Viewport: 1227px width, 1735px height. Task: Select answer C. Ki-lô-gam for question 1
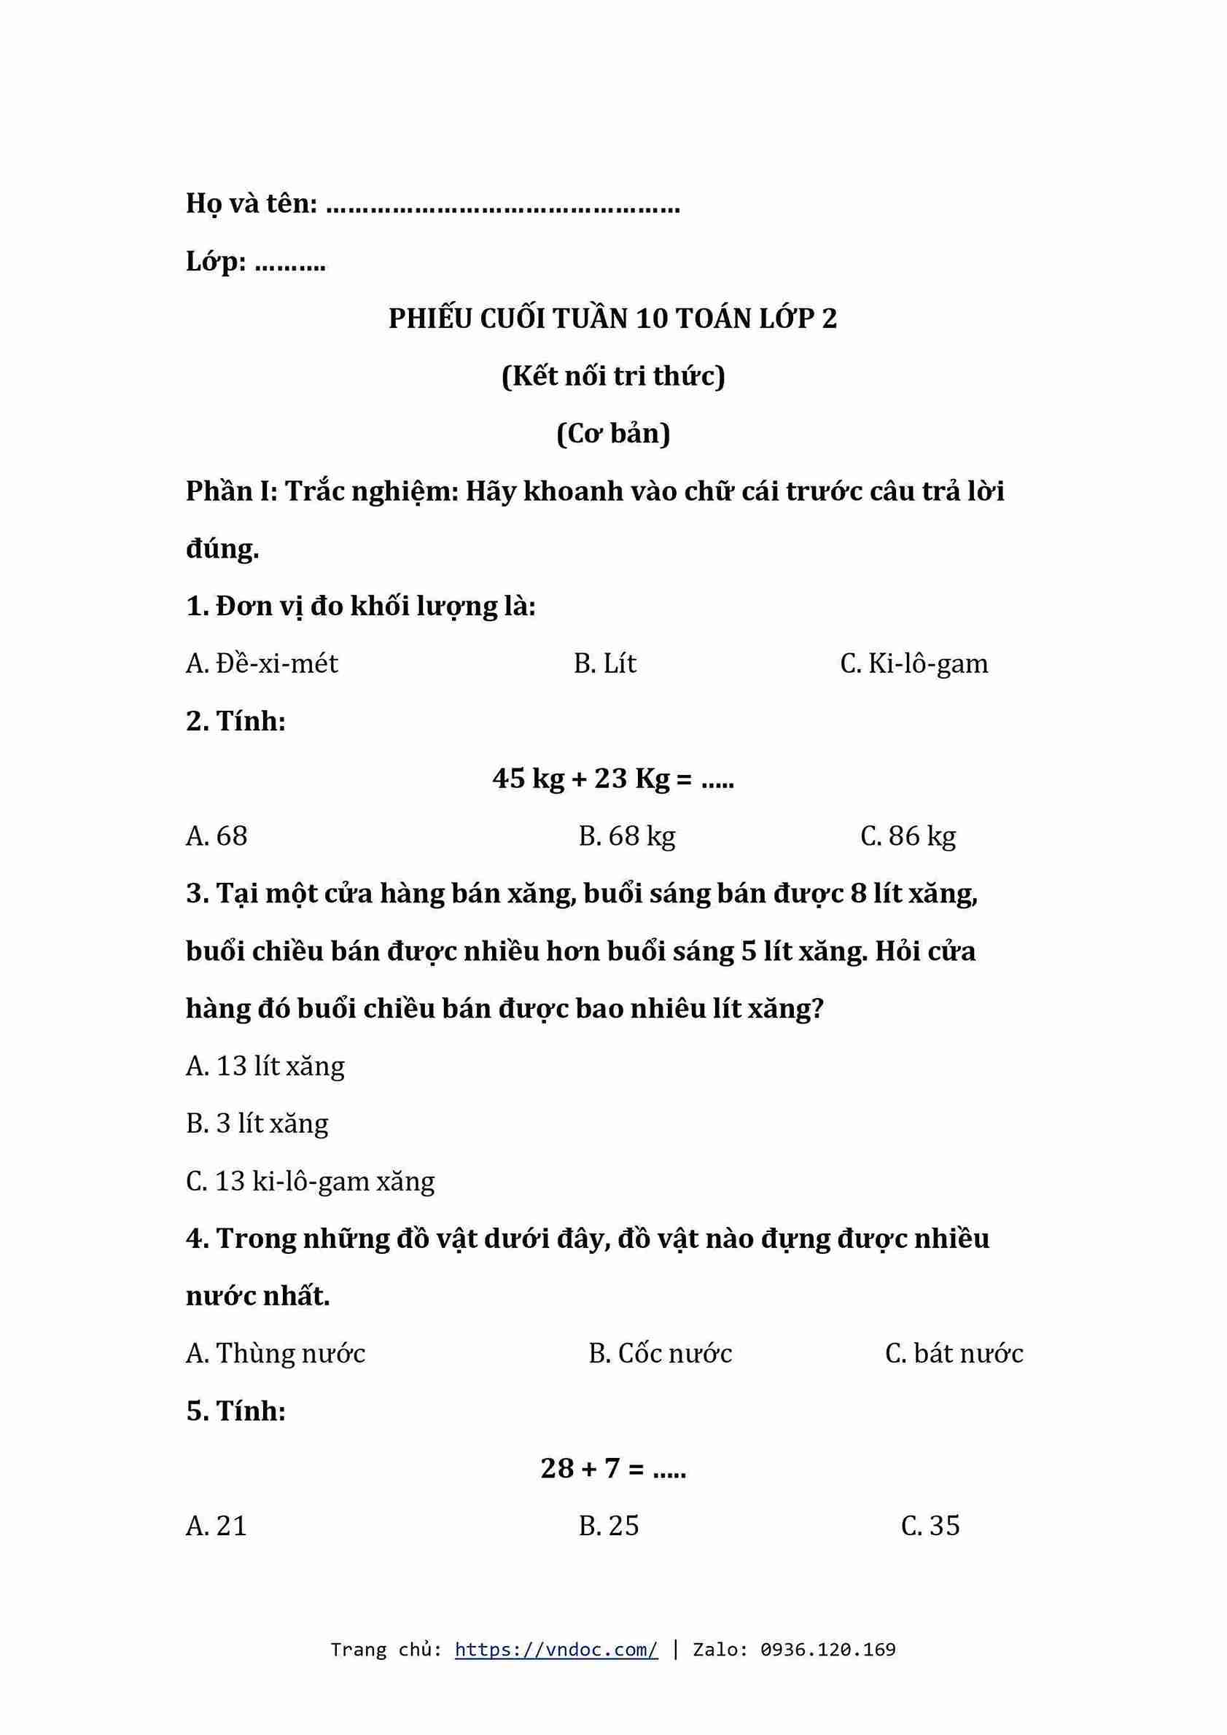(x=914, y=663)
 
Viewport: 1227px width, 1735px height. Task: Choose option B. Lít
(x=604, y=663)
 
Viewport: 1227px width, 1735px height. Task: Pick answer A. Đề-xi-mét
(x=262, y=663)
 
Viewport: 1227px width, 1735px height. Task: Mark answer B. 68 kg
(x=626, y=835)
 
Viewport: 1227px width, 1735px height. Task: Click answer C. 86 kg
(x=908, y=835)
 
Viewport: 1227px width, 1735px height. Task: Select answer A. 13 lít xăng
(x=265, y=1066)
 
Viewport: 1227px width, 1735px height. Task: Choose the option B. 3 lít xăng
(x=257, y=1123)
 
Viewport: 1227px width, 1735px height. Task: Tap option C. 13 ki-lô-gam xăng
(x=310, y=1181)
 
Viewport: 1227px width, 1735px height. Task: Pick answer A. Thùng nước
(x=275, y=1354)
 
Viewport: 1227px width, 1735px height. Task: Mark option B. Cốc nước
(x=660, y=1354)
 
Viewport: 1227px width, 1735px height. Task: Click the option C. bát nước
(x=954, y=1354)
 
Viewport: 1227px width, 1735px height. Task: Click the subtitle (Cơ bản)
(x=612, y=434)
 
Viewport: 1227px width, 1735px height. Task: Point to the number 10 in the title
(x=651, y=319)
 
